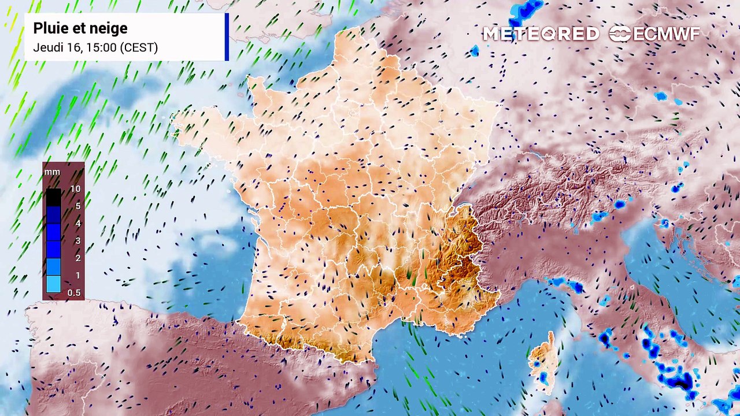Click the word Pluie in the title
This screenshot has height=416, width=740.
click(x=49, y=28)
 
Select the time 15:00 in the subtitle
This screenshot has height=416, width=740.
click(x=99, y=47)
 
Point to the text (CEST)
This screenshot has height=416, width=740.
click(x=139, y=47)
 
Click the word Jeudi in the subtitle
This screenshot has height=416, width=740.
click(x=46, y=47)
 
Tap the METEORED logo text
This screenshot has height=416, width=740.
click(x=541, y=34)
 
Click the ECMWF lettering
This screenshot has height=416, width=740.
click(x=667, y=34)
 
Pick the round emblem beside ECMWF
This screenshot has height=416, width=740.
click(x=620, y=34)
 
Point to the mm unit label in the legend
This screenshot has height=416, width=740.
click(x=52, y=172)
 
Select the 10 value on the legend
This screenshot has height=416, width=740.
click(x=75, y=189)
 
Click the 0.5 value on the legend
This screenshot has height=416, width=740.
click(x=74, y=293)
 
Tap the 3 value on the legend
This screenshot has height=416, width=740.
click(x=77, y=241)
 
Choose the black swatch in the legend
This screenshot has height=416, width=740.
click(x=53, y=197)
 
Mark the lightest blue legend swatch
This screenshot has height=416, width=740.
click(x=53, y=284)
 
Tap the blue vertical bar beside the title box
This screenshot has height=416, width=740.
click(x=227, y=37)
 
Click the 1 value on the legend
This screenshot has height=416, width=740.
click(x=77, y=276)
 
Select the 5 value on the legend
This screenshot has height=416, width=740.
click(x=77, y=206)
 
